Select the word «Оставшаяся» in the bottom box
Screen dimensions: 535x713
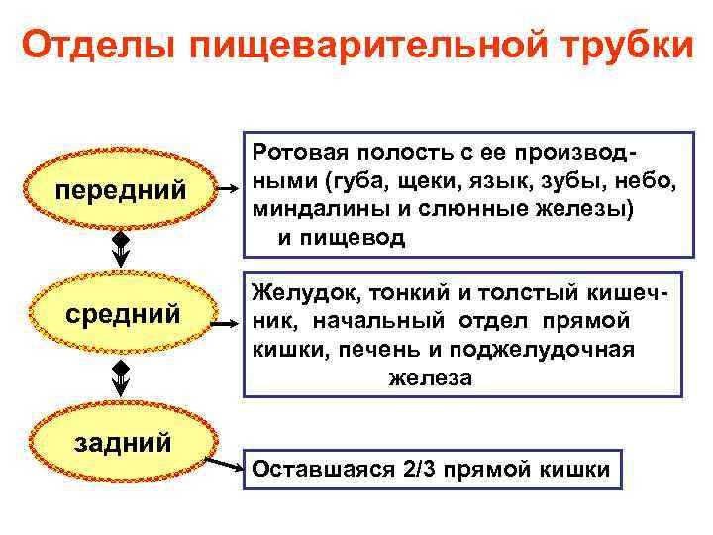click(314, 470)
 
